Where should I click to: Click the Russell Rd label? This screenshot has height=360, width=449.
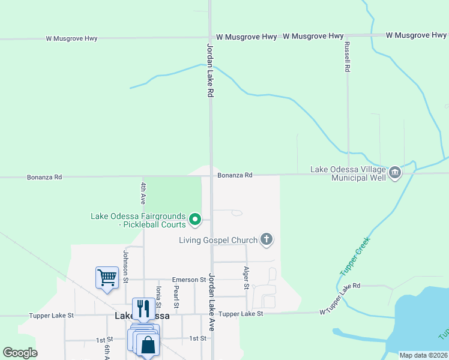(x=347, y=57)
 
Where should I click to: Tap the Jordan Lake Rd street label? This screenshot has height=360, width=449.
(x=211, y=70)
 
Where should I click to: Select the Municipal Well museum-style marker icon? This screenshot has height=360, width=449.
(x=395, y=173)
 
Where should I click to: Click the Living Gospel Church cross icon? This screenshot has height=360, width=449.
(x=267, y=240)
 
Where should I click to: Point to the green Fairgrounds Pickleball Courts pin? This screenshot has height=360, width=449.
(x=194, y=220)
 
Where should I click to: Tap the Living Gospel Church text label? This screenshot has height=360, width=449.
(x=218, y=241)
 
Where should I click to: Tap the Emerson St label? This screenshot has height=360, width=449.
(x=189, y=280)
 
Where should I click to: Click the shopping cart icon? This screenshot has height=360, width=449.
(x=106, y=278)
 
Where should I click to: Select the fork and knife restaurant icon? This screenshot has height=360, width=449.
(x=143, y=308)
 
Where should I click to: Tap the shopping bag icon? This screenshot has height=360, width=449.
(x=148, y=345)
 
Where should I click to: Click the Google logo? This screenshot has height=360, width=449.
(x=20, y=353)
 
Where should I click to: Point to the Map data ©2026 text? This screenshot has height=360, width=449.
(x=423, y=355)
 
